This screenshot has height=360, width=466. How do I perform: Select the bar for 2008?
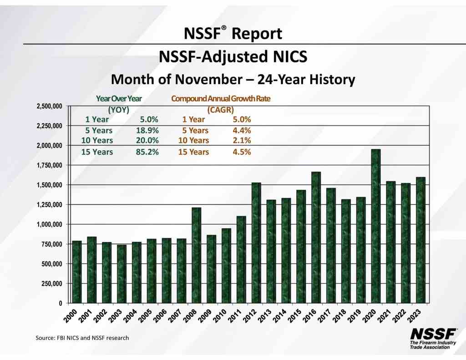click(x=196, y=255)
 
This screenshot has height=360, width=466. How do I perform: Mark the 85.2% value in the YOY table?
click(x=147, y=152)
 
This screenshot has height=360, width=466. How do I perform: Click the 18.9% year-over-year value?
click(x=147, y=131)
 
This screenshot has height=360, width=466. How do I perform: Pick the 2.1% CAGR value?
click(x=242, y=141)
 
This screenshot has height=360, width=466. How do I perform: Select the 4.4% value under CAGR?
click(x=242, y=131)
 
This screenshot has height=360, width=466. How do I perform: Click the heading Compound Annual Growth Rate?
click(x=220, y=98)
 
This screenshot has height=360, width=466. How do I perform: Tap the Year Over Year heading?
click(x=119, y=98)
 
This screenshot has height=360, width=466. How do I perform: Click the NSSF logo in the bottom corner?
click(x=430, y=338)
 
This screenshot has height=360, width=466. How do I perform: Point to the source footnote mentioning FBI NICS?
click(x=82, y=338)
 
